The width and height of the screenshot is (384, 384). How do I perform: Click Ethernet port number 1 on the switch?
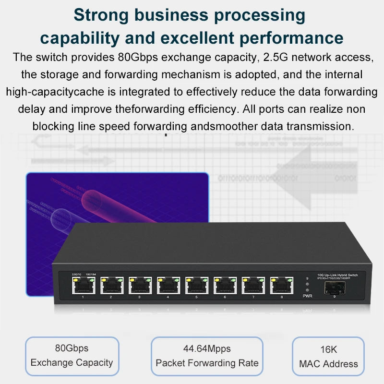(x=84, y=286)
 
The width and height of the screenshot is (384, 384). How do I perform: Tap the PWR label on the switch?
(x=307, y=296)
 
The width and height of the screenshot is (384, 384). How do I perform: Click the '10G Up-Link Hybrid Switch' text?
(x=341, y=274)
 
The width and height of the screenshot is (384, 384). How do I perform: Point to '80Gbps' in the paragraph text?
(x=134, y=58)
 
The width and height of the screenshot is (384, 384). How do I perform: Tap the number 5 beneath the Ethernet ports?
(x=196, y=298)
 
